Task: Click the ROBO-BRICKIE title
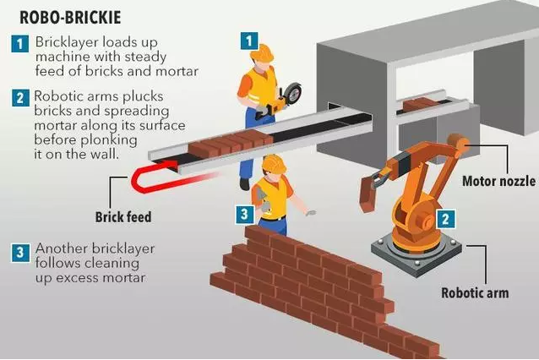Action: pyautogui.click(x=70, y=18)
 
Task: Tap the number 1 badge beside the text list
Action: pyautogui.click(x=20, y=44)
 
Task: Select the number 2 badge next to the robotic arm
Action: pyautogui.click(x=446, y=219)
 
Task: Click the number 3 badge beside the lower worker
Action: pyautogui.click(x=245, y=215)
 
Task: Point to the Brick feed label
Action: pyautogui.click(x=123, y=217)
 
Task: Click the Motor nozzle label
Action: pyautogui.click(x=498, y=181)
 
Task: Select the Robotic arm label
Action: pyautogui.click(x=475, y=293)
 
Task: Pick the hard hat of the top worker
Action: pyautogui.click(x=262, y=52)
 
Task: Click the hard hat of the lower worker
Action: pyautogui.click(x=274, y=164)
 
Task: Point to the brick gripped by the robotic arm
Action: pyautogui.click(x=367, y=194)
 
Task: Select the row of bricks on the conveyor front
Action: pyautogui.click(x=231, y=144)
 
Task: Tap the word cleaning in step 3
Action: pyautogui.click(x=112, y=264)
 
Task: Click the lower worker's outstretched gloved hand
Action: pyautogui.click(x=310, y=213)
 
